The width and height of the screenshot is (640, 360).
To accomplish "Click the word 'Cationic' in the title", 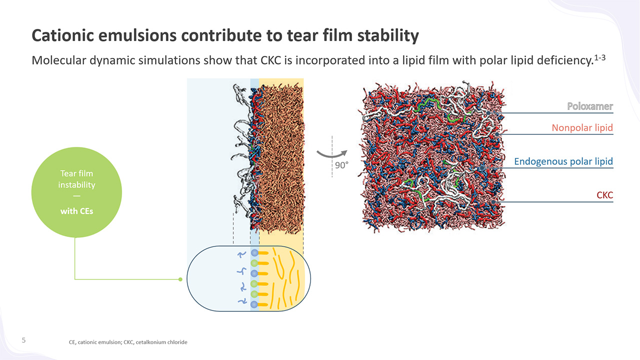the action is point(63,35).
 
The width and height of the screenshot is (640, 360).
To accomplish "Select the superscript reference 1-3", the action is point(599,57).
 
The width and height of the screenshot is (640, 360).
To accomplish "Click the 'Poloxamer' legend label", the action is point(590,106).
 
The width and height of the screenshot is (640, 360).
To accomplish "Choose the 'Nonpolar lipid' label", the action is point(582,127).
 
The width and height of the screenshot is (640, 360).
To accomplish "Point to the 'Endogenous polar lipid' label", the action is point(563,161).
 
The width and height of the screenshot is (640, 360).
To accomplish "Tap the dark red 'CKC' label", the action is point(605,195).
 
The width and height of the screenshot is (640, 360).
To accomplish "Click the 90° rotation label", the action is point(341,165).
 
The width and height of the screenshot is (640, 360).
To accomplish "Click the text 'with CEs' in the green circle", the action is point(76,211).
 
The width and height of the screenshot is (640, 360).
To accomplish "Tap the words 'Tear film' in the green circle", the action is point(76,173).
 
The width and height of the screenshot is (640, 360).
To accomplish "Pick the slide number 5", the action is point(23,340).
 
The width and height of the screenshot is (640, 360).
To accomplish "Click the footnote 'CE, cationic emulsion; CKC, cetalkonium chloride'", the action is point(128,342).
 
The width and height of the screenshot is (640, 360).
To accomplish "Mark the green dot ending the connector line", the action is point(180,279).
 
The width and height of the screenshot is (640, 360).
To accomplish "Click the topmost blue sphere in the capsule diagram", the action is point(254,253).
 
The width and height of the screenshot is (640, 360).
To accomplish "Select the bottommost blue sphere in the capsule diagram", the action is point(254,304).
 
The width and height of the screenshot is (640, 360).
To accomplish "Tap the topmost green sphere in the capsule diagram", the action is point(254,263).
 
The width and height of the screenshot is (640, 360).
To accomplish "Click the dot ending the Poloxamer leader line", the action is point(488,113).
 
